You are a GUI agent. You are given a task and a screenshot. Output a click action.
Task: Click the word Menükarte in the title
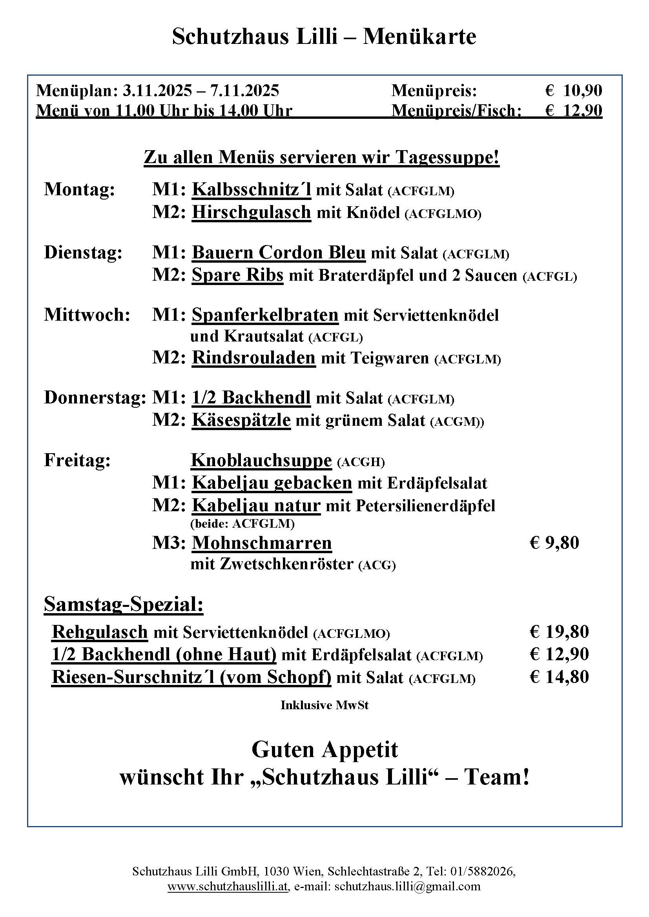point(419,37)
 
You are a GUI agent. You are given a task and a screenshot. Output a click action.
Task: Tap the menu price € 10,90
point(574,91)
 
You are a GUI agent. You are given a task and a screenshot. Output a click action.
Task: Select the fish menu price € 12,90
point(574,110)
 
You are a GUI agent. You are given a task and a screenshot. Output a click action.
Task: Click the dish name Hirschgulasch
point(252,212)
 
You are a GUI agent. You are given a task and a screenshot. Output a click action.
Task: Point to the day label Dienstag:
point(83,253)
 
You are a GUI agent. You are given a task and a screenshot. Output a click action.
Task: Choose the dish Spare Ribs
point(237,275)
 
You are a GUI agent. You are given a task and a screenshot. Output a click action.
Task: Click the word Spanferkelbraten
point(265,315)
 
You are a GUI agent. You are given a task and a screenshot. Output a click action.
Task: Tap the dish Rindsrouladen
point(253,358)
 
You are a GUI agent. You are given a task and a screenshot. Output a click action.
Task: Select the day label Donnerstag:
point(95,398)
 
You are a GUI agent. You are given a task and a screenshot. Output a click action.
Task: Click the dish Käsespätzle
point(241,420)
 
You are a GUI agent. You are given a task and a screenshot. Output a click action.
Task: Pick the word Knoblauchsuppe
point(261,461)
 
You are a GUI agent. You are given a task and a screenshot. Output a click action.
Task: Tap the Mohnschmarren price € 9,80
point(554,543)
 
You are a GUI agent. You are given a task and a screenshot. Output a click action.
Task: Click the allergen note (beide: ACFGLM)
point(242,524)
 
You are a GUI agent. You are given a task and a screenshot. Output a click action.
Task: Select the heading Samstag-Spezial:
point(124,604)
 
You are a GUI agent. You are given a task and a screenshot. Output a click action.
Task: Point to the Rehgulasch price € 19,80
point(559,632)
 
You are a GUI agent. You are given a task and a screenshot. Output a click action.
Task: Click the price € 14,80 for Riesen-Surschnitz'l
point(559,677)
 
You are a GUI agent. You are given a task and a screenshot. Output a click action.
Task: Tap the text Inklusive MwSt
point(324,705)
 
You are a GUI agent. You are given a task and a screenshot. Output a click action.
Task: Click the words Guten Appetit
point(324,750)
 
